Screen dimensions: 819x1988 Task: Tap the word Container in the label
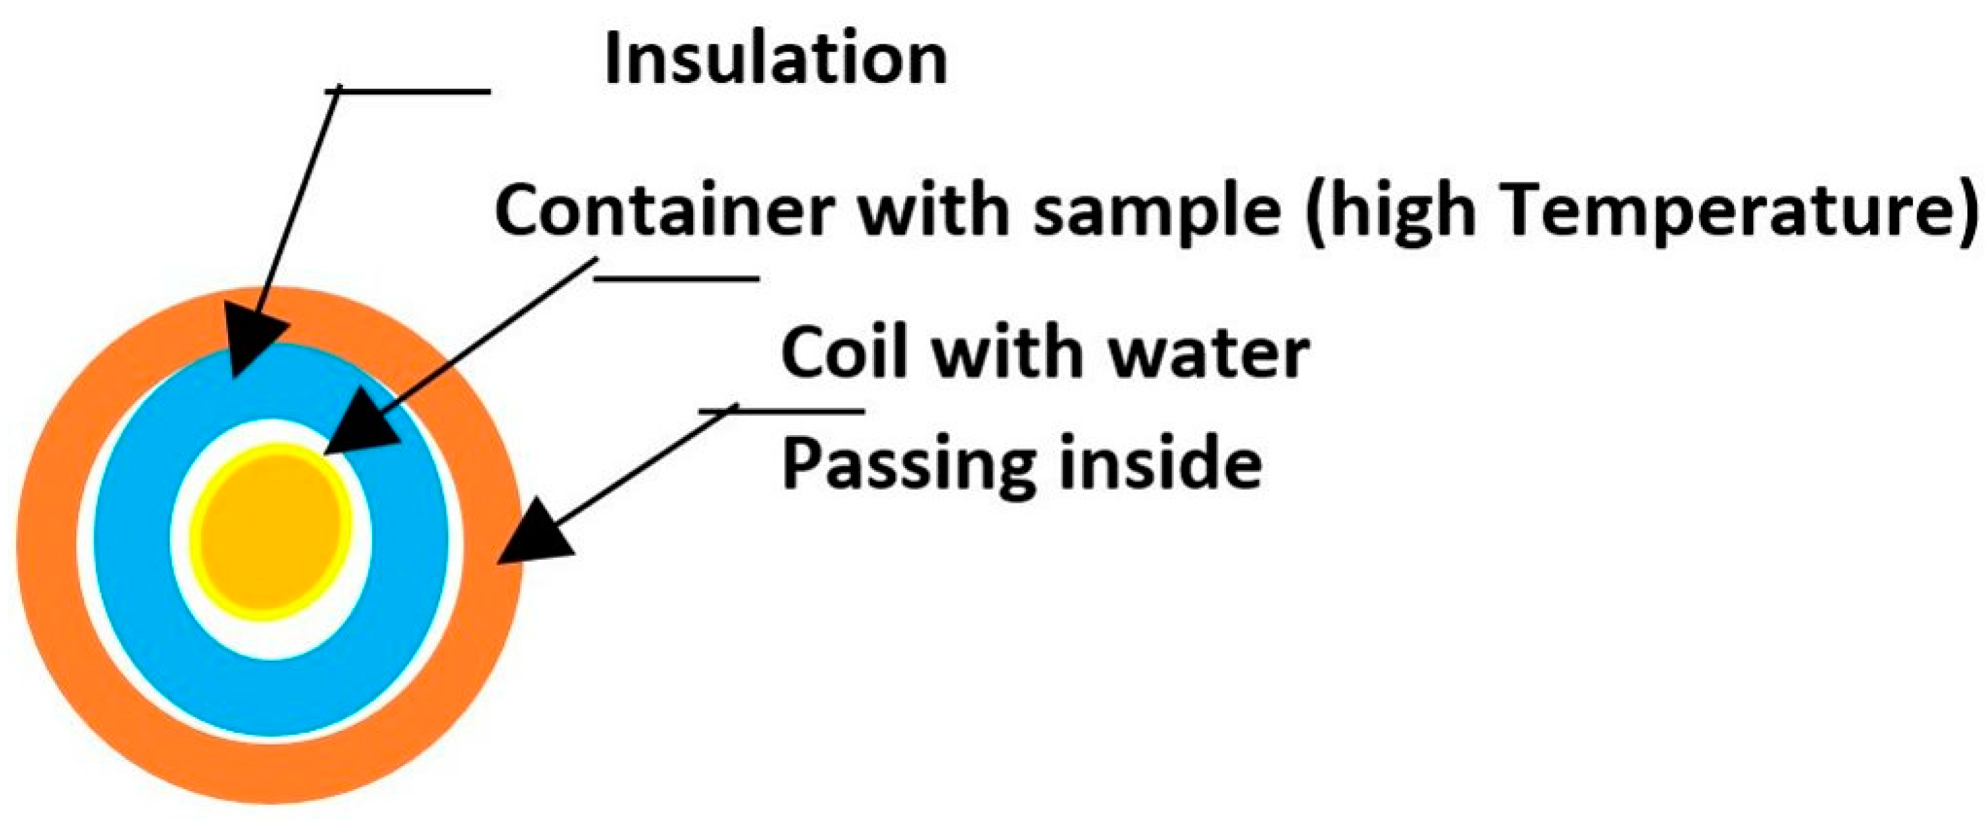click(x=664, y=210)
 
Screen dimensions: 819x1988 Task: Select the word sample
click(x=1157, y=213)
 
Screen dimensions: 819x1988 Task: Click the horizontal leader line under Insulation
click(x=409, y=91)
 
